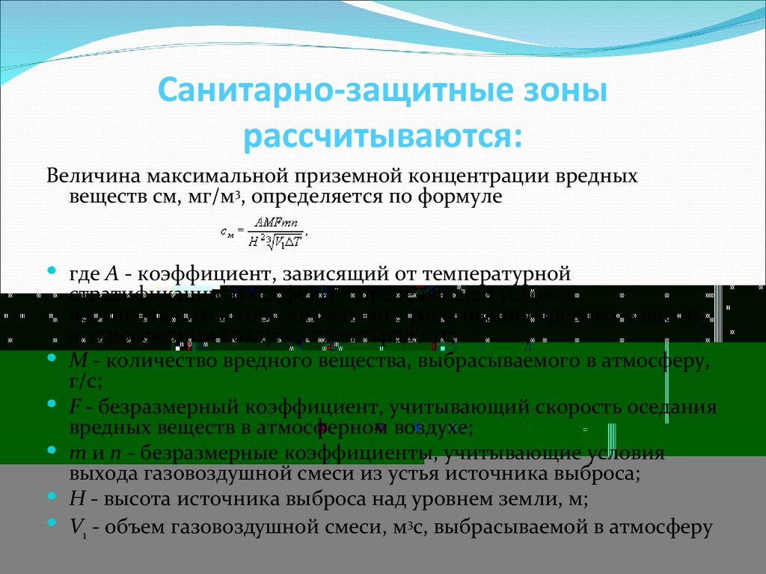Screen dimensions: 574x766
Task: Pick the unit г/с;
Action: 85,381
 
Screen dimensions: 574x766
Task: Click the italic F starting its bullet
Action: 75,408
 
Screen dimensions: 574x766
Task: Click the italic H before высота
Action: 76,499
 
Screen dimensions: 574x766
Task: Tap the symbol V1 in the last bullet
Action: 77,528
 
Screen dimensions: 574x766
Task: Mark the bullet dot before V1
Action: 52,524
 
